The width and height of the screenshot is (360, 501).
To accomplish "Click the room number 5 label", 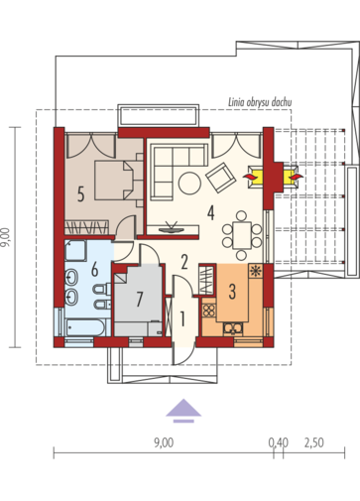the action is (x=80, y=193).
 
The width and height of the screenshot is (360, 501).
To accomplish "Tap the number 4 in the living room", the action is (x=210, y=212).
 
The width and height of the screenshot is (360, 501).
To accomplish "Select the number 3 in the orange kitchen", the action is (x=232, y=292).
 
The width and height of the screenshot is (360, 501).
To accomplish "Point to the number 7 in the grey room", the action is (x=140, y=299).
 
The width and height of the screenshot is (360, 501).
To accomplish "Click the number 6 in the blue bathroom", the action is (x=94, y=269).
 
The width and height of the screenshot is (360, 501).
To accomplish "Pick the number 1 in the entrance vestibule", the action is (x=181, y=318).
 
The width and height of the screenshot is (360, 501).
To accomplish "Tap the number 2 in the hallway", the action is (x=184, y=262).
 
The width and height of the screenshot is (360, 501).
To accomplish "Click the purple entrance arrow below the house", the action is (x=183, y=411).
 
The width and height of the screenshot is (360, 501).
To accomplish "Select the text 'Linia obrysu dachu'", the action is (x=260, y=102).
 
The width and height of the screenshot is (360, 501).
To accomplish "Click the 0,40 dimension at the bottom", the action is (x=278, y=442).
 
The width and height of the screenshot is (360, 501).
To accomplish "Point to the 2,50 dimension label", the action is (x=313, y=442).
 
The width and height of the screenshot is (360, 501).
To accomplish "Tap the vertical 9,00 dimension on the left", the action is (x=6, y=237).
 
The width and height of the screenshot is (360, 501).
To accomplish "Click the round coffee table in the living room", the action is (x=189, y=183).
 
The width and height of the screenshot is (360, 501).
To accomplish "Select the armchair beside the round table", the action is (x=221, y=178).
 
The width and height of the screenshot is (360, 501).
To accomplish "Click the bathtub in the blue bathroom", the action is (x=85, y=327).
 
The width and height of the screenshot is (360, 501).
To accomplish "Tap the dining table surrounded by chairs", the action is (x=242, y=235).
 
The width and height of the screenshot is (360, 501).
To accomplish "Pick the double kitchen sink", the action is (x=233, y=327).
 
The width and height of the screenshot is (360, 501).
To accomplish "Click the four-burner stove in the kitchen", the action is (x=208, y=311).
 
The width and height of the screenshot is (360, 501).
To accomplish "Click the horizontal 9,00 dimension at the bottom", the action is (x=164, y=442).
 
